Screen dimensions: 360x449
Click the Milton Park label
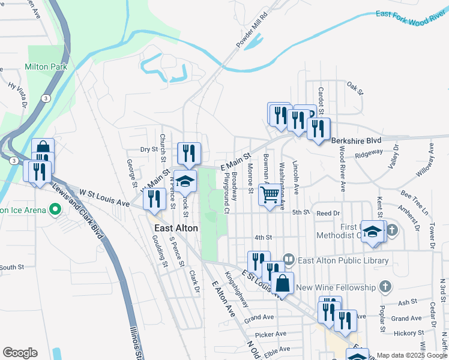pos(46,67)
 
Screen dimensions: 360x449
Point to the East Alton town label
pos(176,228)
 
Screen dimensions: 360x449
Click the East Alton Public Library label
pos(344,260)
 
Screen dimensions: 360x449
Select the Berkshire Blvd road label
pos(357,140)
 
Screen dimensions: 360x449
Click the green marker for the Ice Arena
pos(56,210)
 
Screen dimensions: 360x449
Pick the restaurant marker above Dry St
pos(188,153)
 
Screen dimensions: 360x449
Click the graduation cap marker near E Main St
pos(185,181)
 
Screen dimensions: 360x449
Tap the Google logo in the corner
pos(20,353)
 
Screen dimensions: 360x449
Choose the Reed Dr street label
pos(328,213)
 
